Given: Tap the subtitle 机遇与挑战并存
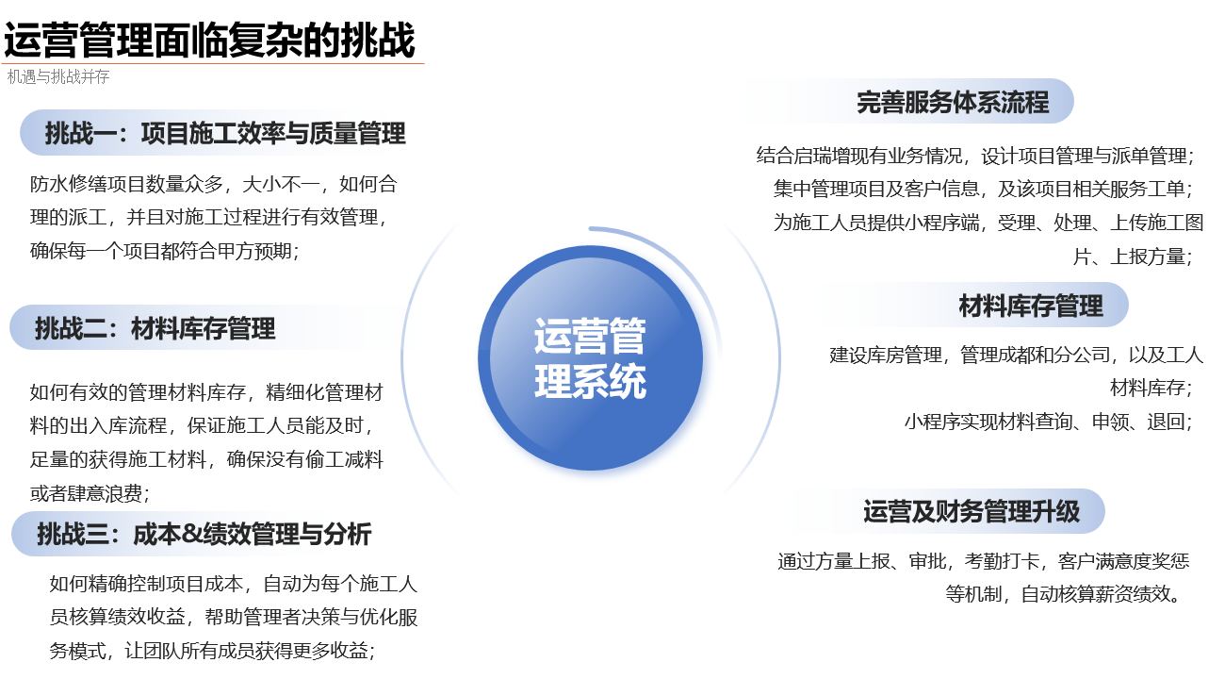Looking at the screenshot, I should tap(58, 77).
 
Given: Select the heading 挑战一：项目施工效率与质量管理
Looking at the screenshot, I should tap(225, 134).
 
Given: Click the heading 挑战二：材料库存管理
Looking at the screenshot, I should tap(155, 328).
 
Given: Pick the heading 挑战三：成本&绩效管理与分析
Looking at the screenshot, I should tap(204, 535).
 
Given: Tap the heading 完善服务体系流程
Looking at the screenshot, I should tap(953, 102).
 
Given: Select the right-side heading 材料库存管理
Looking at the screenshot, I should tap(1031, 306).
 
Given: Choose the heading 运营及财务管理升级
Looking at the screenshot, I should tap(972, 512).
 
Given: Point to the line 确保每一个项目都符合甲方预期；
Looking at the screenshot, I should tap(165, 251).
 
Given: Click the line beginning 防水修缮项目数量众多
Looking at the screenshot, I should tap(214, 184).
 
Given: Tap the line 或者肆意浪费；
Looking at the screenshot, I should tap(90, 493).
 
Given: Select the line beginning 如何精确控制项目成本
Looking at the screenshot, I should tap(233, 584).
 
